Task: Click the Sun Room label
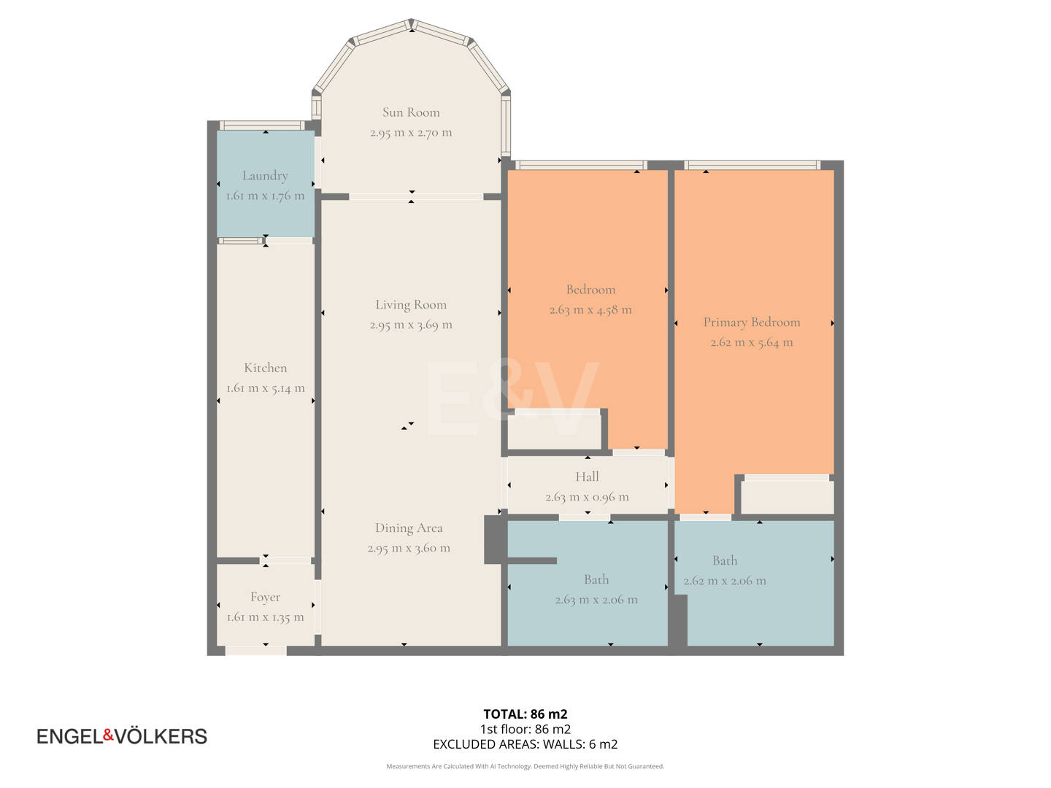(411, 112)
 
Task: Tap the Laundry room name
(265, 176)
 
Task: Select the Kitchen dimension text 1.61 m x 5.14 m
(265, 388)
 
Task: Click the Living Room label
(411, 305)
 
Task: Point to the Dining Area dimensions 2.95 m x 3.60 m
(409, 548)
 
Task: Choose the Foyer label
(265, 598)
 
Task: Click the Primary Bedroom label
(752, 322)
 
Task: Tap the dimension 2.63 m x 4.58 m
(590, 310)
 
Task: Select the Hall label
(587, 476)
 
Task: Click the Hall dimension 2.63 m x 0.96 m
(587, 497)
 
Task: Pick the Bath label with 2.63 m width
(596, 579)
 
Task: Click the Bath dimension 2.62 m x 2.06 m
(725, 581)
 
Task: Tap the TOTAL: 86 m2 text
(525, 714)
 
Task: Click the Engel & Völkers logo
(122, 736)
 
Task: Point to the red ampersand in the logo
(109, 735)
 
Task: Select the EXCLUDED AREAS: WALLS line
(525, 744)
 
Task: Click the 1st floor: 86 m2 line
(525, 729)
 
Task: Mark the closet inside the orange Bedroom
(554, 431)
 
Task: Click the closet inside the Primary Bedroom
(788, 498)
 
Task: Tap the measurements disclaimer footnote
(525, 766)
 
